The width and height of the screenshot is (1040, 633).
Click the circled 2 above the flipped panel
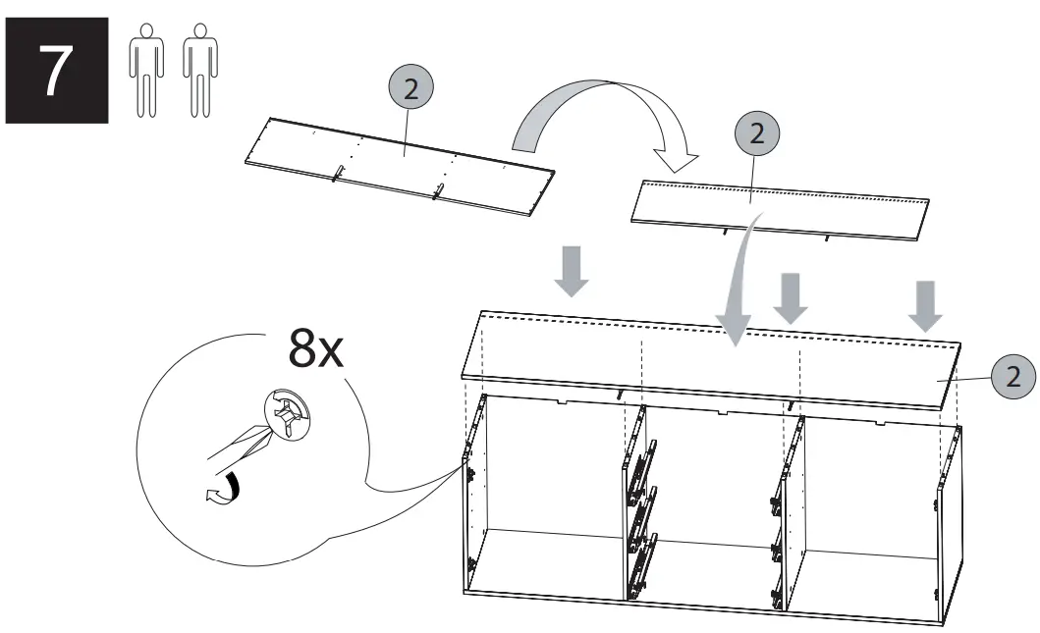pos(756,134)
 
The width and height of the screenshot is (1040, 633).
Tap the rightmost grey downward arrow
pos(925,305)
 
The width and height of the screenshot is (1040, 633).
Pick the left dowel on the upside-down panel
pos(337,173)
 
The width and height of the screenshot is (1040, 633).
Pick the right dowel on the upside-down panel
pos(439,190)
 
